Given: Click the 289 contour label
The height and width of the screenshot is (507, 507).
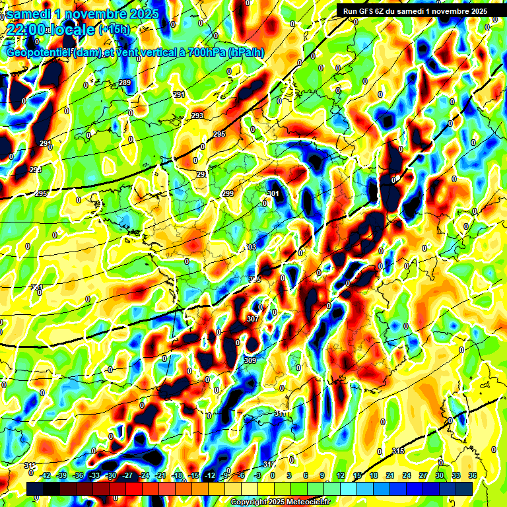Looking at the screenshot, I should [125, 83].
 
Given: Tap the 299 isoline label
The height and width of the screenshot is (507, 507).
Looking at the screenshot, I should [228, 193].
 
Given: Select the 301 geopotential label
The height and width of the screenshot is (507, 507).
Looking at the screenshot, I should [273, 193].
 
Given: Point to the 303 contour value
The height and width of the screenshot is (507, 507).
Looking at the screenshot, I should [251, 246].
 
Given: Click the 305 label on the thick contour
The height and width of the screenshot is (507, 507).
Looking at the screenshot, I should [255, 280].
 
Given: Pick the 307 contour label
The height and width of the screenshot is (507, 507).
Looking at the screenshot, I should [252, 319].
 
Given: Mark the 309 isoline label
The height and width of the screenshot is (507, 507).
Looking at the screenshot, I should [250, 360].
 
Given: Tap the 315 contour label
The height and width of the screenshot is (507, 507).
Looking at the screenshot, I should [397, 451].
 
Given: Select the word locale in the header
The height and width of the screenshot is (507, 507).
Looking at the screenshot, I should [71, 29].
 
